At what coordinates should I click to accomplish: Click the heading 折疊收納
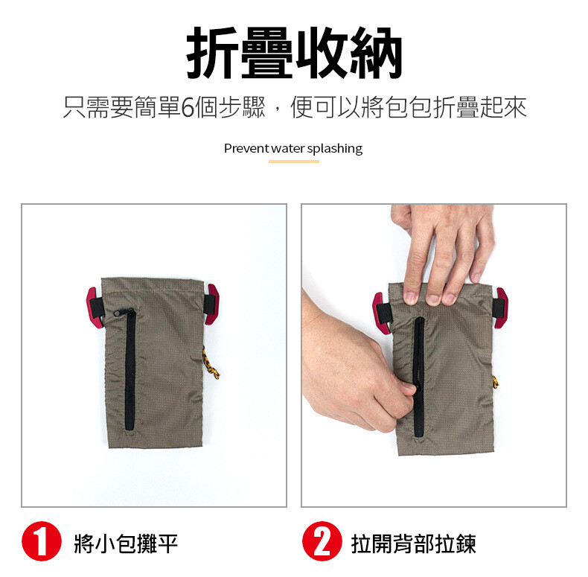pos(295,53)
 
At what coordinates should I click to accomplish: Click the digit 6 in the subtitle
pos(188,107)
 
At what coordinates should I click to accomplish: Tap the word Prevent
pos(246,149)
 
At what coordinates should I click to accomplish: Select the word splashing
pos(335,149)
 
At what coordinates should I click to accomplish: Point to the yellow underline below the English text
pos(293,162)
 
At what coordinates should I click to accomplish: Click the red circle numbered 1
pos(42,541)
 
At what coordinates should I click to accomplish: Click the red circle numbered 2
pos(322,541)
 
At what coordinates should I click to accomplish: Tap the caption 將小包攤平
pos(126,543)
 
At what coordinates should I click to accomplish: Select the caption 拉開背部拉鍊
pos(413,543)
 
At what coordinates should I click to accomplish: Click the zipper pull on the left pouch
pos(123,312)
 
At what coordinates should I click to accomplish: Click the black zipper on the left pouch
pos(130,369)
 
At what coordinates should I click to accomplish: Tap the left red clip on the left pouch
pos(95,308)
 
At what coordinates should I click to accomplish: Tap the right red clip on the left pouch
pos(211,305)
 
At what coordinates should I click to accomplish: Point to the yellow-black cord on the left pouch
pos(211,363)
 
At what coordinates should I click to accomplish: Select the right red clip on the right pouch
pos(501,308)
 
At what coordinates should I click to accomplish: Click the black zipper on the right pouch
pos(418,377)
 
